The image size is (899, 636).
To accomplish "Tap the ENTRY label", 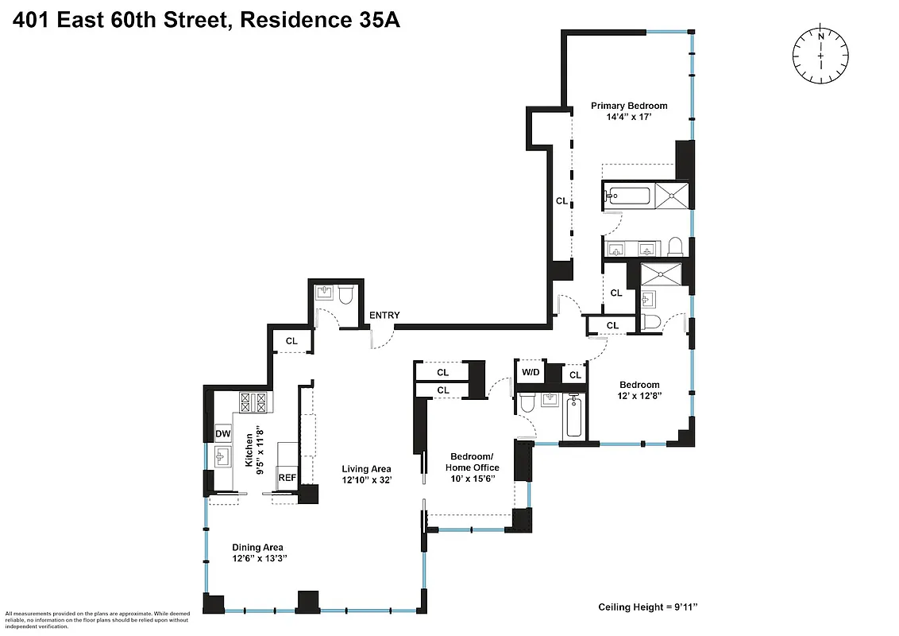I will [x=384, y=316].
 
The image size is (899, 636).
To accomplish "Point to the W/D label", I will [x=529, y=372].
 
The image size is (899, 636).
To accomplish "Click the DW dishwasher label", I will [x=222, y=433].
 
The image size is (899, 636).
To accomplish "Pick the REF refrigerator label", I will [x=287, y=478].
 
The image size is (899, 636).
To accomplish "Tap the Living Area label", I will [x=366, y=469].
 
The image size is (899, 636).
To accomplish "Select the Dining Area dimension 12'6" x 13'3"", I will [x=258, y=559].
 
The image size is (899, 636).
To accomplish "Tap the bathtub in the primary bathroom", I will [x=627, y=195].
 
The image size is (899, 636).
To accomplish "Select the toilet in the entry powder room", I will [x=345, y=295].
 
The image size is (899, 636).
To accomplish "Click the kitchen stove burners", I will [x=256, y=402].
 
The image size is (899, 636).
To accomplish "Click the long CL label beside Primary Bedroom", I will [x=561, y=201].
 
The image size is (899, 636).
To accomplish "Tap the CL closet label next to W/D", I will [x=575, y=375].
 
